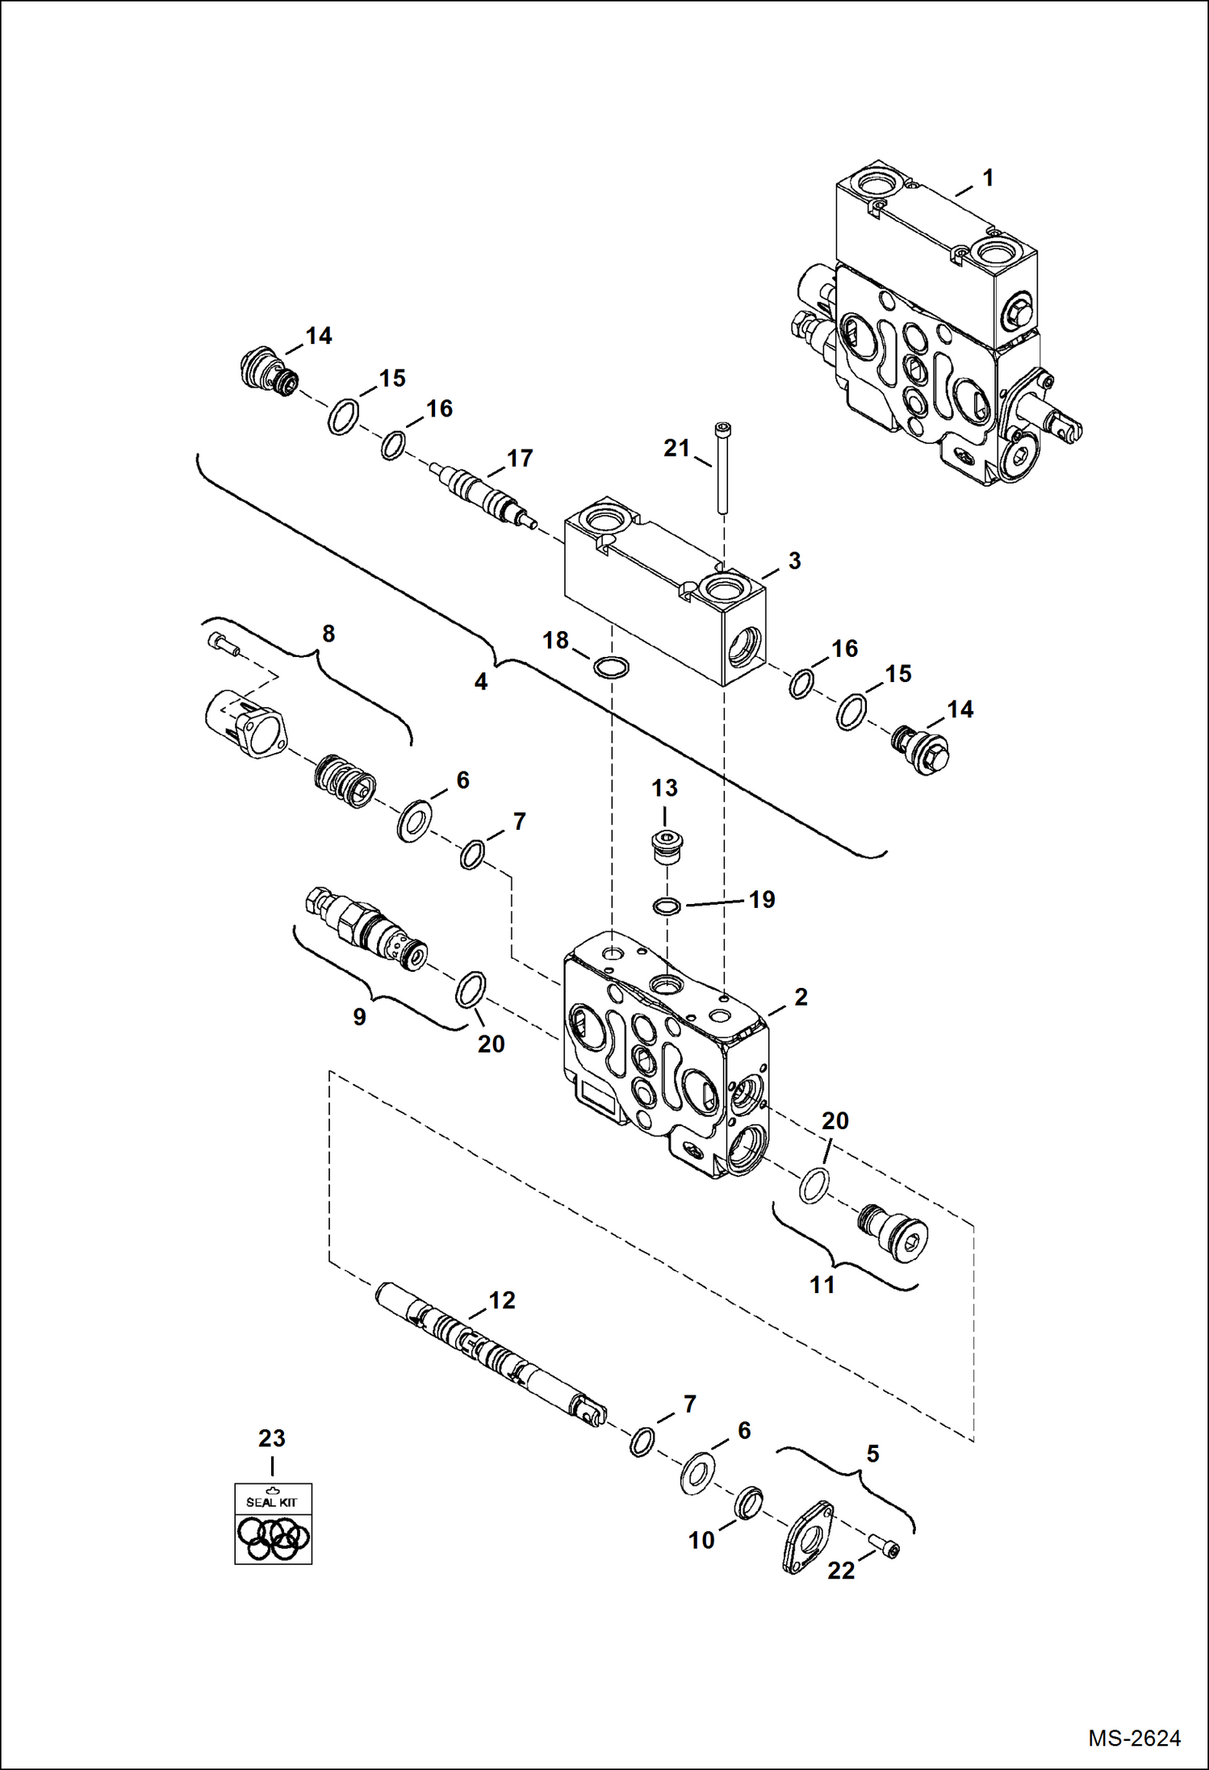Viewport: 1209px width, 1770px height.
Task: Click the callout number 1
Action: coord(988,178)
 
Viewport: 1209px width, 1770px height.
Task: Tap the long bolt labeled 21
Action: coord(722,468)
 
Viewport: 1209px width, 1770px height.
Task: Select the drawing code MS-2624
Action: coord(1134,1738)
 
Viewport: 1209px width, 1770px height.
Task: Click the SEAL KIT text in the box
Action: coord(272,1502)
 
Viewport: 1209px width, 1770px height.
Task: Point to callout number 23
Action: coord(272,1437)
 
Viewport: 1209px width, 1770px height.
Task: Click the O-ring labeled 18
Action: coord(611,667)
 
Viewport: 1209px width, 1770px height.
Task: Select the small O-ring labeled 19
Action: coord(667,906)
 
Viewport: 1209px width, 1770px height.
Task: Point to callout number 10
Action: coord(701,1540)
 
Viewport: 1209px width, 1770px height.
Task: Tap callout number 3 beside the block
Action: coord(794,561)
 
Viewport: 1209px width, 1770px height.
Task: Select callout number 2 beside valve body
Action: coord(801,997)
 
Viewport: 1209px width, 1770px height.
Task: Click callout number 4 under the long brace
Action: coord(481,682)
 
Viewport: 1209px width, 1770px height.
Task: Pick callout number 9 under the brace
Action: coord(360,1016)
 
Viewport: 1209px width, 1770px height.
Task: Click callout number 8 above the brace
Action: coord(328,634)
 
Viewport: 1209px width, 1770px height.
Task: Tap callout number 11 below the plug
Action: coord(822,1284)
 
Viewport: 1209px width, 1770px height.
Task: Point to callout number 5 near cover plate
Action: coord(872,1454)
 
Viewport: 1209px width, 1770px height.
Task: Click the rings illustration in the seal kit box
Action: coord(273,1538)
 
